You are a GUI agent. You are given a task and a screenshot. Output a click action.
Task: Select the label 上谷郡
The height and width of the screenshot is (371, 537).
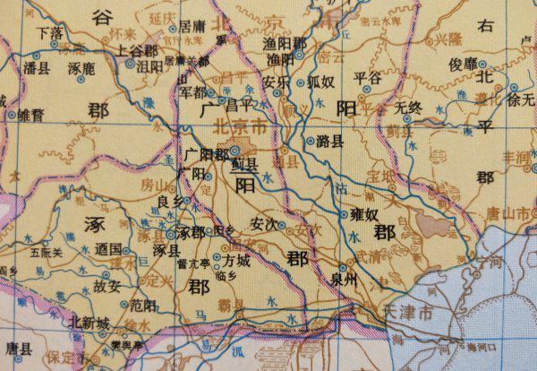[x=136, y=52]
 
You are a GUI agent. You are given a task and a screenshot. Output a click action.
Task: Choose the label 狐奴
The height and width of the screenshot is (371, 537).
[x=320, y=81]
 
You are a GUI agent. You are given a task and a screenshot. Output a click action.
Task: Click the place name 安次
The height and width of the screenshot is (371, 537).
[x=268, y=222]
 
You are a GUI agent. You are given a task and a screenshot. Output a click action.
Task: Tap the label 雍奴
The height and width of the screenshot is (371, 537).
[x=365, y=215]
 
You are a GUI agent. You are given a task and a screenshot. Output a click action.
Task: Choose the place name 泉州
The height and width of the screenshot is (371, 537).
[x=345, y=278]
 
